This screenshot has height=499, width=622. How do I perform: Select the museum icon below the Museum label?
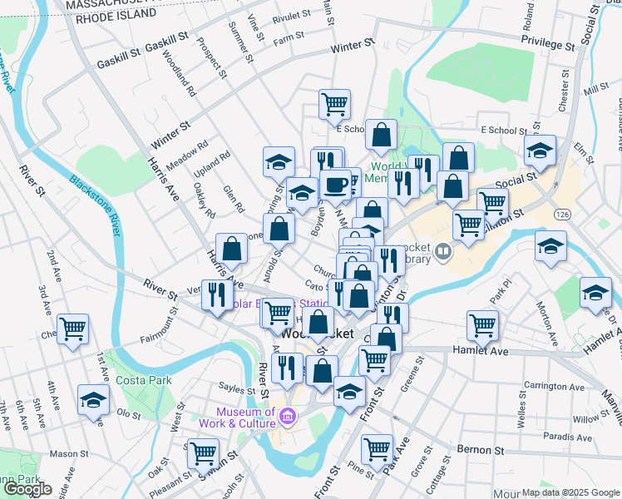coord(288,417)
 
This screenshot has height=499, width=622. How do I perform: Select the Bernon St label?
coord(482,449)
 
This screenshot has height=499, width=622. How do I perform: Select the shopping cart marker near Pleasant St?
coord(203,453)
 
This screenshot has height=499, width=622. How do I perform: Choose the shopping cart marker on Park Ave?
coord(378,449)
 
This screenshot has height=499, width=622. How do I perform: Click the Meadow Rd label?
coord(187,149)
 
